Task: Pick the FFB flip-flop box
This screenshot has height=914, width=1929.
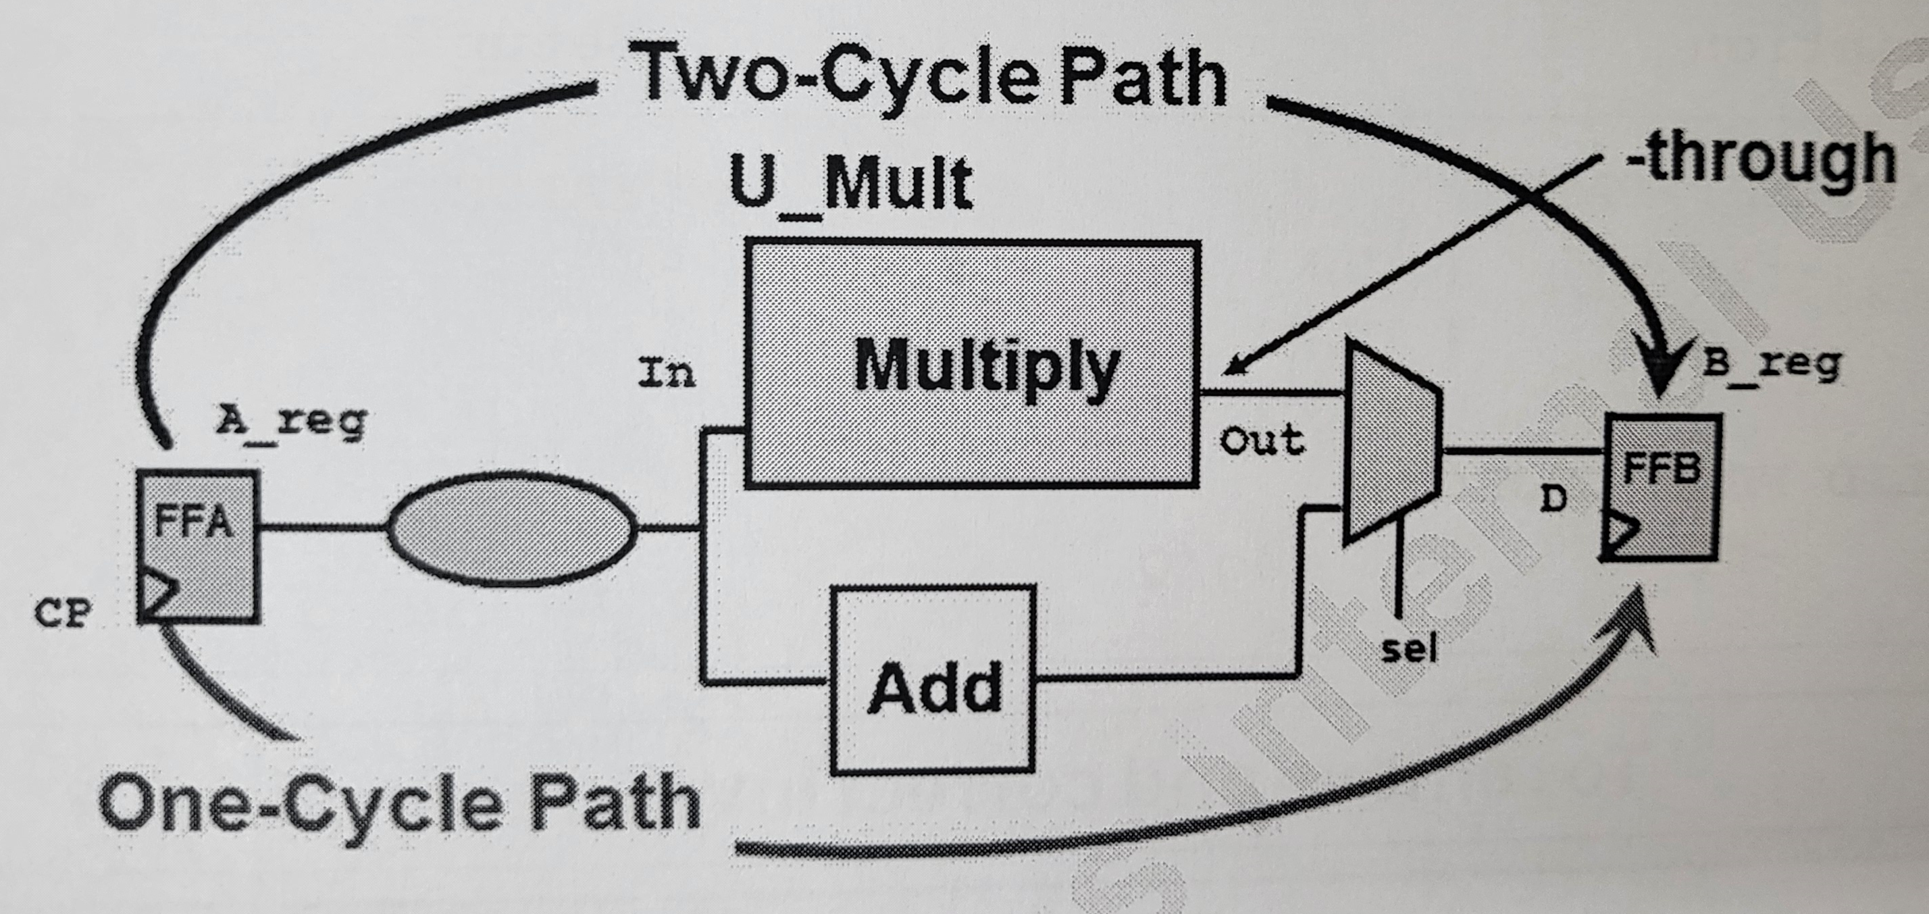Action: [1661, 487]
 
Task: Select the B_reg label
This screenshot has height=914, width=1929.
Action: [1772, 365]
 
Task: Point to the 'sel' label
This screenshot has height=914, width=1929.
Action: [1410, 649]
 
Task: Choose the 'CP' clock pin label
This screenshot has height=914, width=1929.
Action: [63, 614]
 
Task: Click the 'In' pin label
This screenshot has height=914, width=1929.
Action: [667, 372]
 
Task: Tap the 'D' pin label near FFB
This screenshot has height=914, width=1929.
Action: [1555, 498]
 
